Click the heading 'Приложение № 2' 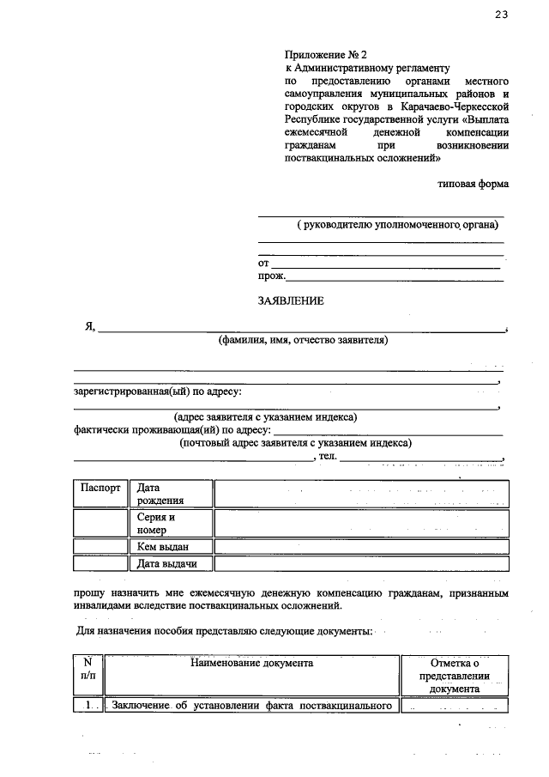[x=323, y=54]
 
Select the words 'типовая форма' [x=473, y=183]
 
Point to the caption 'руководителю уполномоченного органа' [x=399, y=225]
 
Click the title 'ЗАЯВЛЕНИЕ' [x=291, y=301]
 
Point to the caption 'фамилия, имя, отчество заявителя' [x=303, y=340]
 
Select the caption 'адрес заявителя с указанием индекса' [x=265, y=417]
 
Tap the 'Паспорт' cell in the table [x=100, y=487]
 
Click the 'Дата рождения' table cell [x=170, y=494]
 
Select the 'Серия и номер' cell [x=170, y=524]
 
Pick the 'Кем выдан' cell [x=170, y=547]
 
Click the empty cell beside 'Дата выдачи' [x=360, y=564]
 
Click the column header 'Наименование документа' [x=251, y=663]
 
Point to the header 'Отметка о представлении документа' [x=455, y=676]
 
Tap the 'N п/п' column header [x=87, y=669]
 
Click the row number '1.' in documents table [x=87, y=707]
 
